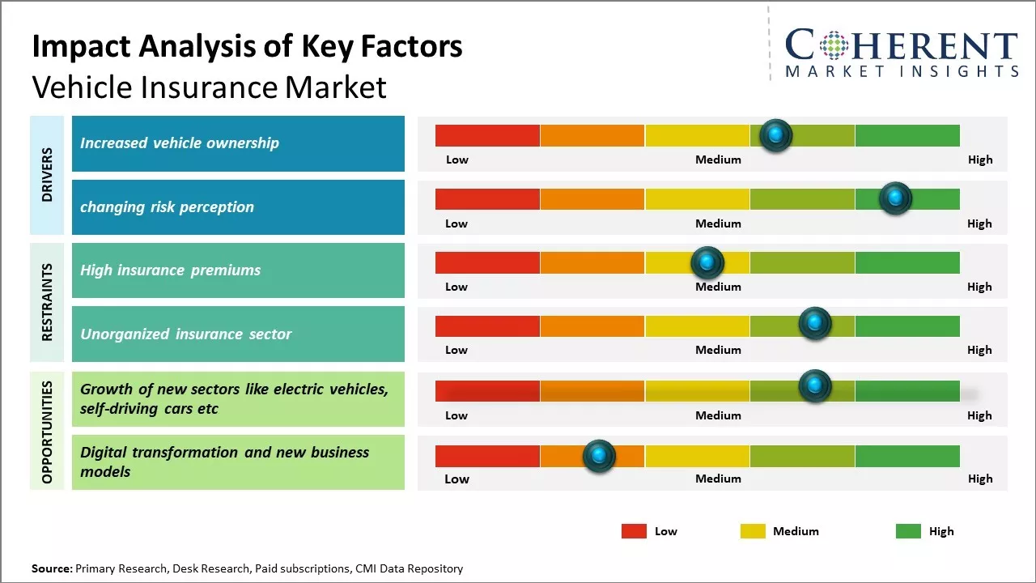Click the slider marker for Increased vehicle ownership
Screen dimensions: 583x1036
click(775, 135)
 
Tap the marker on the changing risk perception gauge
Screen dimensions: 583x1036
click(895, 198)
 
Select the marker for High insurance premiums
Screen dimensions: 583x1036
click(707, 262)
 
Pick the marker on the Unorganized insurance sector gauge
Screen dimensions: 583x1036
click(815, 324)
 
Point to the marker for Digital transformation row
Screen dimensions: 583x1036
click(599, 456)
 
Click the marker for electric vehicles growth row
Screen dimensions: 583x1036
click(815, 386)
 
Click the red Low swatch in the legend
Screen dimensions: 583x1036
click(634, 531)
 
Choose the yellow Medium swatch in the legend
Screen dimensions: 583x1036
click(753, 531)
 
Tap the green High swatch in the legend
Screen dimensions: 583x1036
click(908, 531)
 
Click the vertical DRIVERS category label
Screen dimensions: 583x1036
click(47, 175)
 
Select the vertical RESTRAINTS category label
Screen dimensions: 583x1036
click(47, 302)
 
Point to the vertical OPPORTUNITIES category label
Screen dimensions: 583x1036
click(47, 432)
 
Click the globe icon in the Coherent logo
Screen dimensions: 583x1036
click(833, 45)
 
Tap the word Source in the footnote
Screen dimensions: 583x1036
click(51, 569)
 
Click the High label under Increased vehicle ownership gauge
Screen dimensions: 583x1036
click(980, 160)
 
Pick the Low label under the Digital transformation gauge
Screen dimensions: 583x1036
click(456, 479)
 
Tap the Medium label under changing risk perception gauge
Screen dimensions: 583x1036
click(718, 223)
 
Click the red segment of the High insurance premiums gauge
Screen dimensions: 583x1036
click(487, 262)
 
